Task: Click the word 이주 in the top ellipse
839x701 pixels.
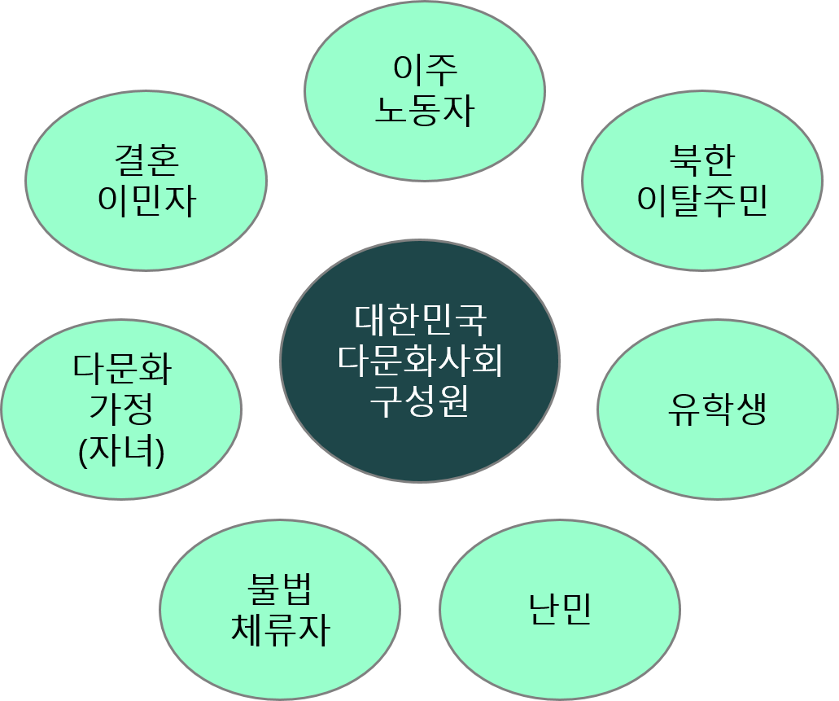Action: [424, 70]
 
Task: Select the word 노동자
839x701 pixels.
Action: [424, 111]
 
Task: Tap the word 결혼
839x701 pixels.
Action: [146, 160]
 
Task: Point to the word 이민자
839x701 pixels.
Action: [146, 200]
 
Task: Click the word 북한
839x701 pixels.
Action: [701, 160]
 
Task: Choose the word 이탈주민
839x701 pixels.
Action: [701, 200]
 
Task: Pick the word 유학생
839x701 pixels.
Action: [717, 410]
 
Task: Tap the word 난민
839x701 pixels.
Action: [560, 609]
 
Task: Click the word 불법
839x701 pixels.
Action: [280, 589]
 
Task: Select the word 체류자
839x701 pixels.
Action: [280, 629]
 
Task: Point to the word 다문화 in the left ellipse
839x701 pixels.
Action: [122, 369]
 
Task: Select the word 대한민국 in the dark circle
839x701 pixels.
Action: [420, 319]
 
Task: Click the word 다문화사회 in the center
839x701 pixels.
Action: [420, 360]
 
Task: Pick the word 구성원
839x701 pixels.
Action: [420, 401]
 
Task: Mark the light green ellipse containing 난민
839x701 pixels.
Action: [560, 651]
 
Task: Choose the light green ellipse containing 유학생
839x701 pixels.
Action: [717, 456]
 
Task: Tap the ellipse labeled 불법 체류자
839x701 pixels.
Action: [280, 668]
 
